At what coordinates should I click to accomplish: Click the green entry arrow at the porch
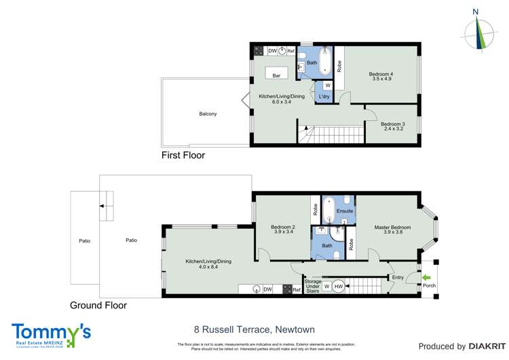pos(426,277)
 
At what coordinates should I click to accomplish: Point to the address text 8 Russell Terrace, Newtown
pos(254,329)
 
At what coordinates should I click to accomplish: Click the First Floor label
pos(183,156)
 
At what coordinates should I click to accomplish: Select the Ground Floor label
pos(98,306)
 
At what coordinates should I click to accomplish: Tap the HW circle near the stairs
pos(339,287)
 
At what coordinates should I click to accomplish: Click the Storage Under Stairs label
pos(312,286)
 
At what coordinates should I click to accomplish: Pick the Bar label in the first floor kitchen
pos(276,75)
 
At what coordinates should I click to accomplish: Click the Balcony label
pos(208,113)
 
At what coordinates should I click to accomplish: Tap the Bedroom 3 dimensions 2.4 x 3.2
pos(392,129)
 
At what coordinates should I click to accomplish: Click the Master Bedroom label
pos(392,227)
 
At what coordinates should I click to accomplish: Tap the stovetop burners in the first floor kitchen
pos(259,51)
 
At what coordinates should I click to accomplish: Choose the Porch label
pos(429,286)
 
